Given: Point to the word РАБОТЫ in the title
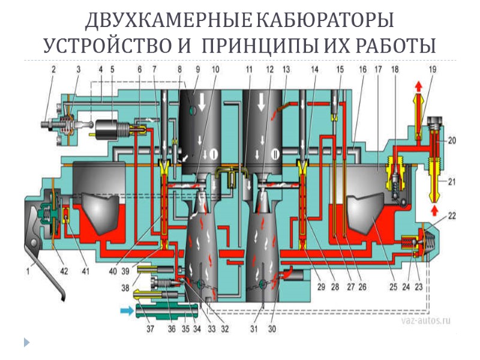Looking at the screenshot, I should tap(391, 46).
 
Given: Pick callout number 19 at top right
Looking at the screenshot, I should tap(433, 70).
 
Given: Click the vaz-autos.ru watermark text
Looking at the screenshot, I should tap(425, 321).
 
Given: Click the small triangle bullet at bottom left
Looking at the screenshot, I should tap(26, 343).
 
